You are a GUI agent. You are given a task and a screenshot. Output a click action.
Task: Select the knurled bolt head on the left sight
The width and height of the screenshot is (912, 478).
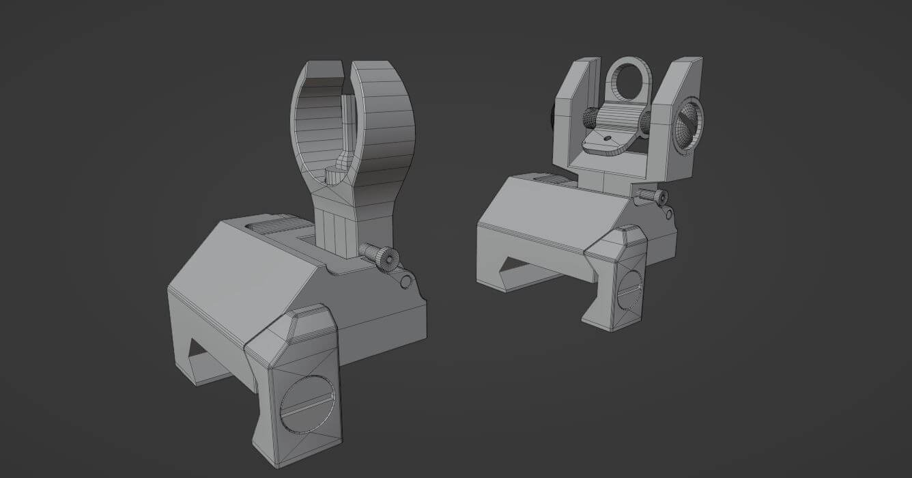[x=380, y=256]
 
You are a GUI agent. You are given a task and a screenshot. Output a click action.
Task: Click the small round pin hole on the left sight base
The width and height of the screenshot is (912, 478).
[x=407, y=281]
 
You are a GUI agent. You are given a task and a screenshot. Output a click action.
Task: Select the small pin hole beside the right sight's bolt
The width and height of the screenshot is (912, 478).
[x=667, y=215]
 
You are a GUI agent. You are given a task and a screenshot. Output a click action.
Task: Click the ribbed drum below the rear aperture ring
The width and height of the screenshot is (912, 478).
[x=617, y=119]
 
